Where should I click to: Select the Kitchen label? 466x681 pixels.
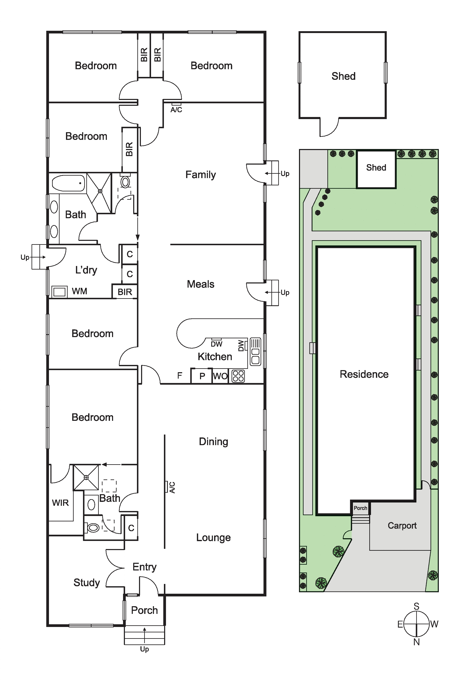pyautogui.click(x=215, y=357)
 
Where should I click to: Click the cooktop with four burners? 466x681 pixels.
pyautogui.click(x=238, y=376)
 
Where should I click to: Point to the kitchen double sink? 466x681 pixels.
pyautogui.click(x=255, y=352)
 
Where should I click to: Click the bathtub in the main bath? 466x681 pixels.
pyautogui.click(x=68, y=183)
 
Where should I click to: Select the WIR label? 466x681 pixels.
pyautogui.click(x=60, y=503)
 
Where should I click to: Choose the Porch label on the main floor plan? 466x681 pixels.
pyautogui.click(x=144, y=610)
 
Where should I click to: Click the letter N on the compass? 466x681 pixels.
pyautogui.click(x=417, y=642)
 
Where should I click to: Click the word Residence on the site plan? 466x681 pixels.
pyautogui.click(x=364, y=374)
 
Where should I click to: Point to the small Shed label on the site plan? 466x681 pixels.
pyautogui.click(x=376, y=168)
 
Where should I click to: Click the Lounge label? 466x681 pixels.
pyautogui.click(x=213, y=537)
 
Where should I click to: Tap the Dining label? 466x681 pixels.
pyautogui.click(x=213, y=442)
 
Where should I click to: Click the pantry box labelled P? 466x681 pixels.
pyautogui.click(x=201, y=376)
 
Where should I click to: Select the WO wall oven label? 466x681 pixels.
pyautogui.click(x=220, y=376)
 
